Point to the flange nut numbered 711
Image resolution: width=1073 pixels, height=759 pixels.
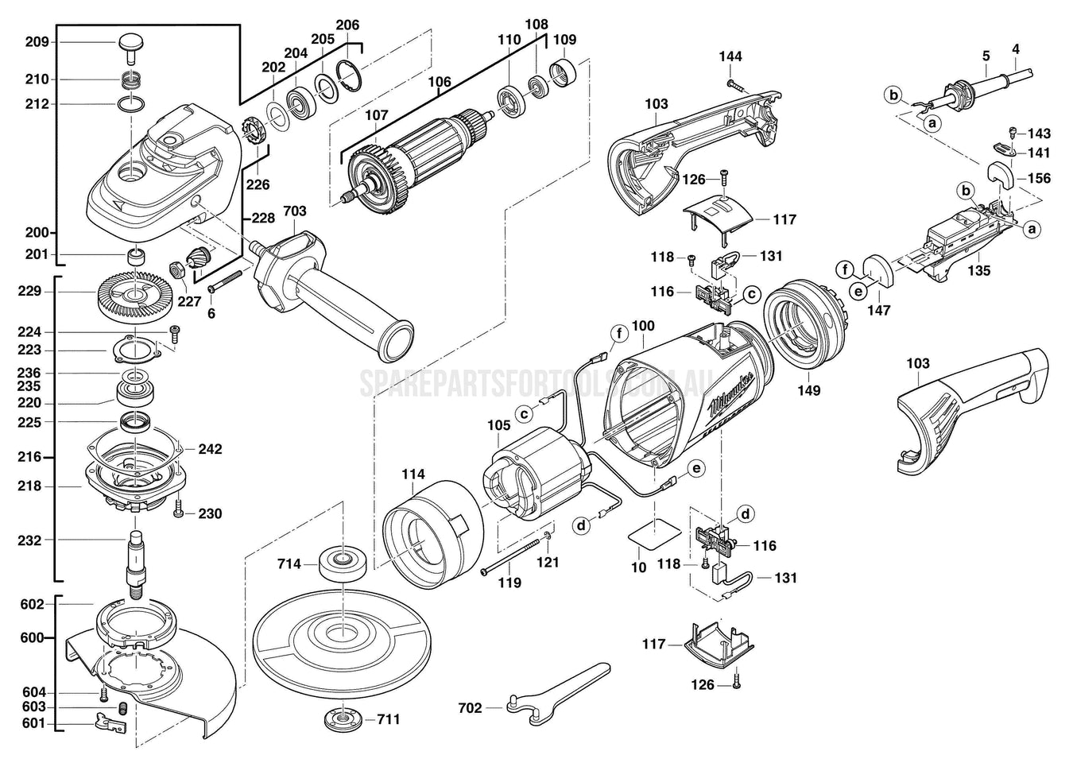(x=343, y=718)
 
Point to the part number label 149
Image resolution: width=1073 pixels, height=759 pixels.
(x=809, y=390)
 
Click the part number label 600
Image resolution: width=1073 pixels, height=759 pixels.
(x=33, y=637)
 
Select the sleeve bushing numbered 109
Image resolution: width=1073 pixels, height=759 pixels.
(x=564, y=74)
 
